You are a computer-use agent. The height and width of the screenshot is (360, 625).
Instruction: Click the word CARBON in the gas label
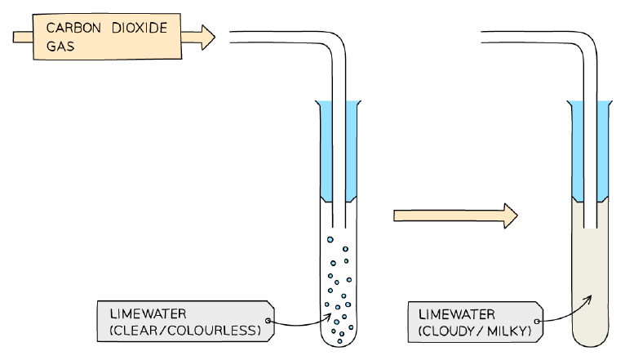click(73, 28)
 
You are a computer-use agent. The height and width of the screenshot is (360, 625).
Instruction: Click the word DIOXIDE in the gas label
click(140, 28)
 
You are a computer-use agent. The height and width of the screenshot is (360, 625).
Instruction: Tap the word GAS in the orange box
click(60, 47)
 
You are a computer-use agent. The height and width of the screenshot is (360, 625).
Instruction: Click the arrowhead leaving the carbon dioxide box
click(208, 38)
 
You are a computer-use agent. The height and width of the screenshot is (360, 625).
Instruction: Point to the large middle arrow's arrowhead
click(511, 216)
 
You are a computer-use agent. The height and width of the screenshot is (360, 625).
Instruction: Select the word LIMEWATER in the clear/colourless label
click(148, 313)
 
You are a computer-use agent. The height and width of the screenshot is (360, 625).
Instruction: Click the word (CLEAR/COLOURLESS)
click(185, 331)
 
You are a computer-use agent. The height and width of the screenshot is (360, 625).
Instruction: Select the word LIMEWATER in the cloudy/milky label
click(456, 314)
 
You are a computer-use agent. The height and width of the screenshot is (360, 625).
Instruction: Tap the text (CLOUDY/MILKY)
click(475, 331)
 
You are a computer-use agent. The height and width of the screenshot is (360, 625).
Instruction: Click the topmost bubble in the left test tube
click(330, 240)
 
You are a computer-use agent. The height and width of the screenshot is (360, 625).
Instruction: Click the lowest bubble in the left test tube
click(339, 341)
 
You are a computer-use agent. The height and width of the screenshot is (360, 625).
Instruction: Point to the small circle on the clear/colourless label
click(268, 321)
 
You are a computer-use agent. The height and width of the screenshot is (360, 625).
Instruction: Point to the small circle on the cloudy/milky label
click(537, 322)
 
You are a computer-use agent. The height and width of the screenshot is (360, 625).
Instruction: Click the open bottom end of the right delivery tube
click(590, 228)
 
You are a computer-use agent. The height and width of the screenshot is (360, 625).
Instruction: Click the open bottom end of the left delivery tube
click(339, 227)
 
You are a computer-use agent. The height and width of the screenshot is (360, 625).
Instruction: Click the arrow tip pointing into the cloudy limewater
click(591, 296)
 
